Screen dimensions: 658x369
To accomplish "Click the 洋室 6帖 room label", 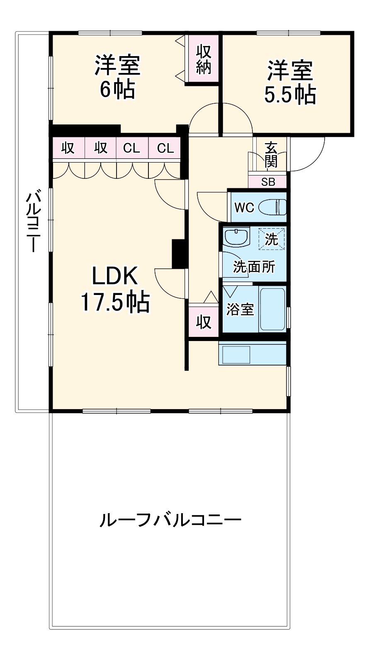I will coord(117,77).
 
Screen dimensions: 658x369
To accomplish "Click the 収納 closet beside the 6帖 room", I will coord(204,59).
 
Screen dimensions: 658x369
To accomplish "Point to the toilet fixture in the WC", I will coord(272,207).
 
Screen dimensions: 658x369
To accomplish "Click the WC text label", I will coord(244,207).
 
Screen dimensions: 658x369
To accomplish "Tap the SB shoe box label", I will coord(268,182).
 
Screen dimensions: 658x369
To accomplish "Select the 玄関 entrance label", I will coord(271,155).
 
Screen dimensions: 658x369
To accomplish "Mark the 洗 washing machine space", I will coord(272,239).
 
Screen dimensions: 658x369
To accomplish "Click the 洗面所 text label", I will coord(254,267).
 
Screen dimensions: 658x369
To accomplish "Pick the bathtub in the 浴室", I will coord(272,309).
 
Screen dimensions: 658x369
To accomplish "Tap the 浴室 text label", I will coord(240,310).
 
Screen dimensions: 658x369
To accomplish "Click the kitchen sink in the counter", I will coord(236,354).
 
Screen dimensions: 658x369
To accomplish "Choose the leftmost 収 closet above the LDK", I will coord(68,148).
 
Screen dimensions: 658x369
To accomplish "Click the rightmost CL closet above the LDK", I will coord(165,148).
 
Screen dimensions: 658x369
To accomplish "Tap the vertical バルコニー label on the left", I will coord(33,221).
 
